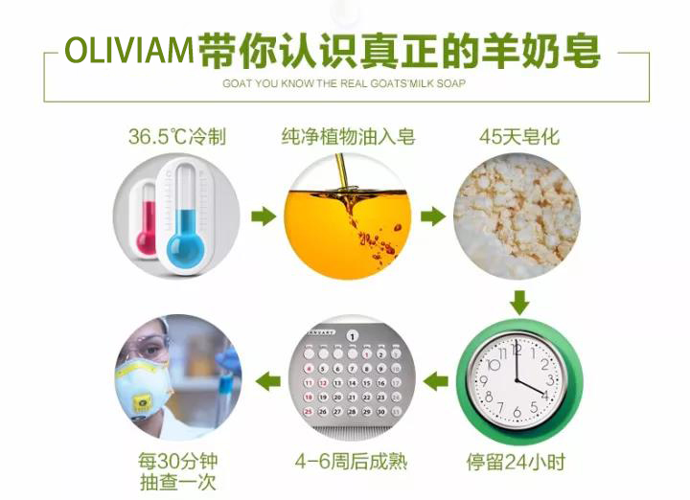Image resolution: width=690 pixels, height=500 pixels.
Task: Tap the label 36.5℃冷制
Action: [x=177, y=137]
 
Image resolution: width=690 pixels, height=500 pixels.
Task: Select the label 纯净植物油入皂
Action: [x=348, y=137]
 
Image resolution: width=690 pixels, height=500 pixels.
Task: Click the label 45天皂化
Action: [x=518, y=137]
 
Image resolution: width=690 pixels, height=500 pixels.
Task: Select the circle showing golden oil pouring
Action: [x=348, y=216]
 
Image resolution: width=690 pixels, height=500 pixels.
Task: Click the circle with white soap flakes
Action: [x=518, y=216]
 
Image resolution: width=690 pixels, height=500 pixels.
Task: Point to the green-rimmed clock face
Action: [x=518, y=380]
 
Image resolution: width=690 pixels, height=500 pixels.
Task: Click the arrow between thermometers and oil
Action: [x=263, y=216]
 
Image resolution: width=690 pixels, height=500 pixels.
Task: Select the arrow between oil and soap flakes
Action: [x=433, y=216]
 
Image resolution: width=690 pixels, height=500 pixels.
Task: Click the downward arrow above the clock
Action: [x=518, y=303]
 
